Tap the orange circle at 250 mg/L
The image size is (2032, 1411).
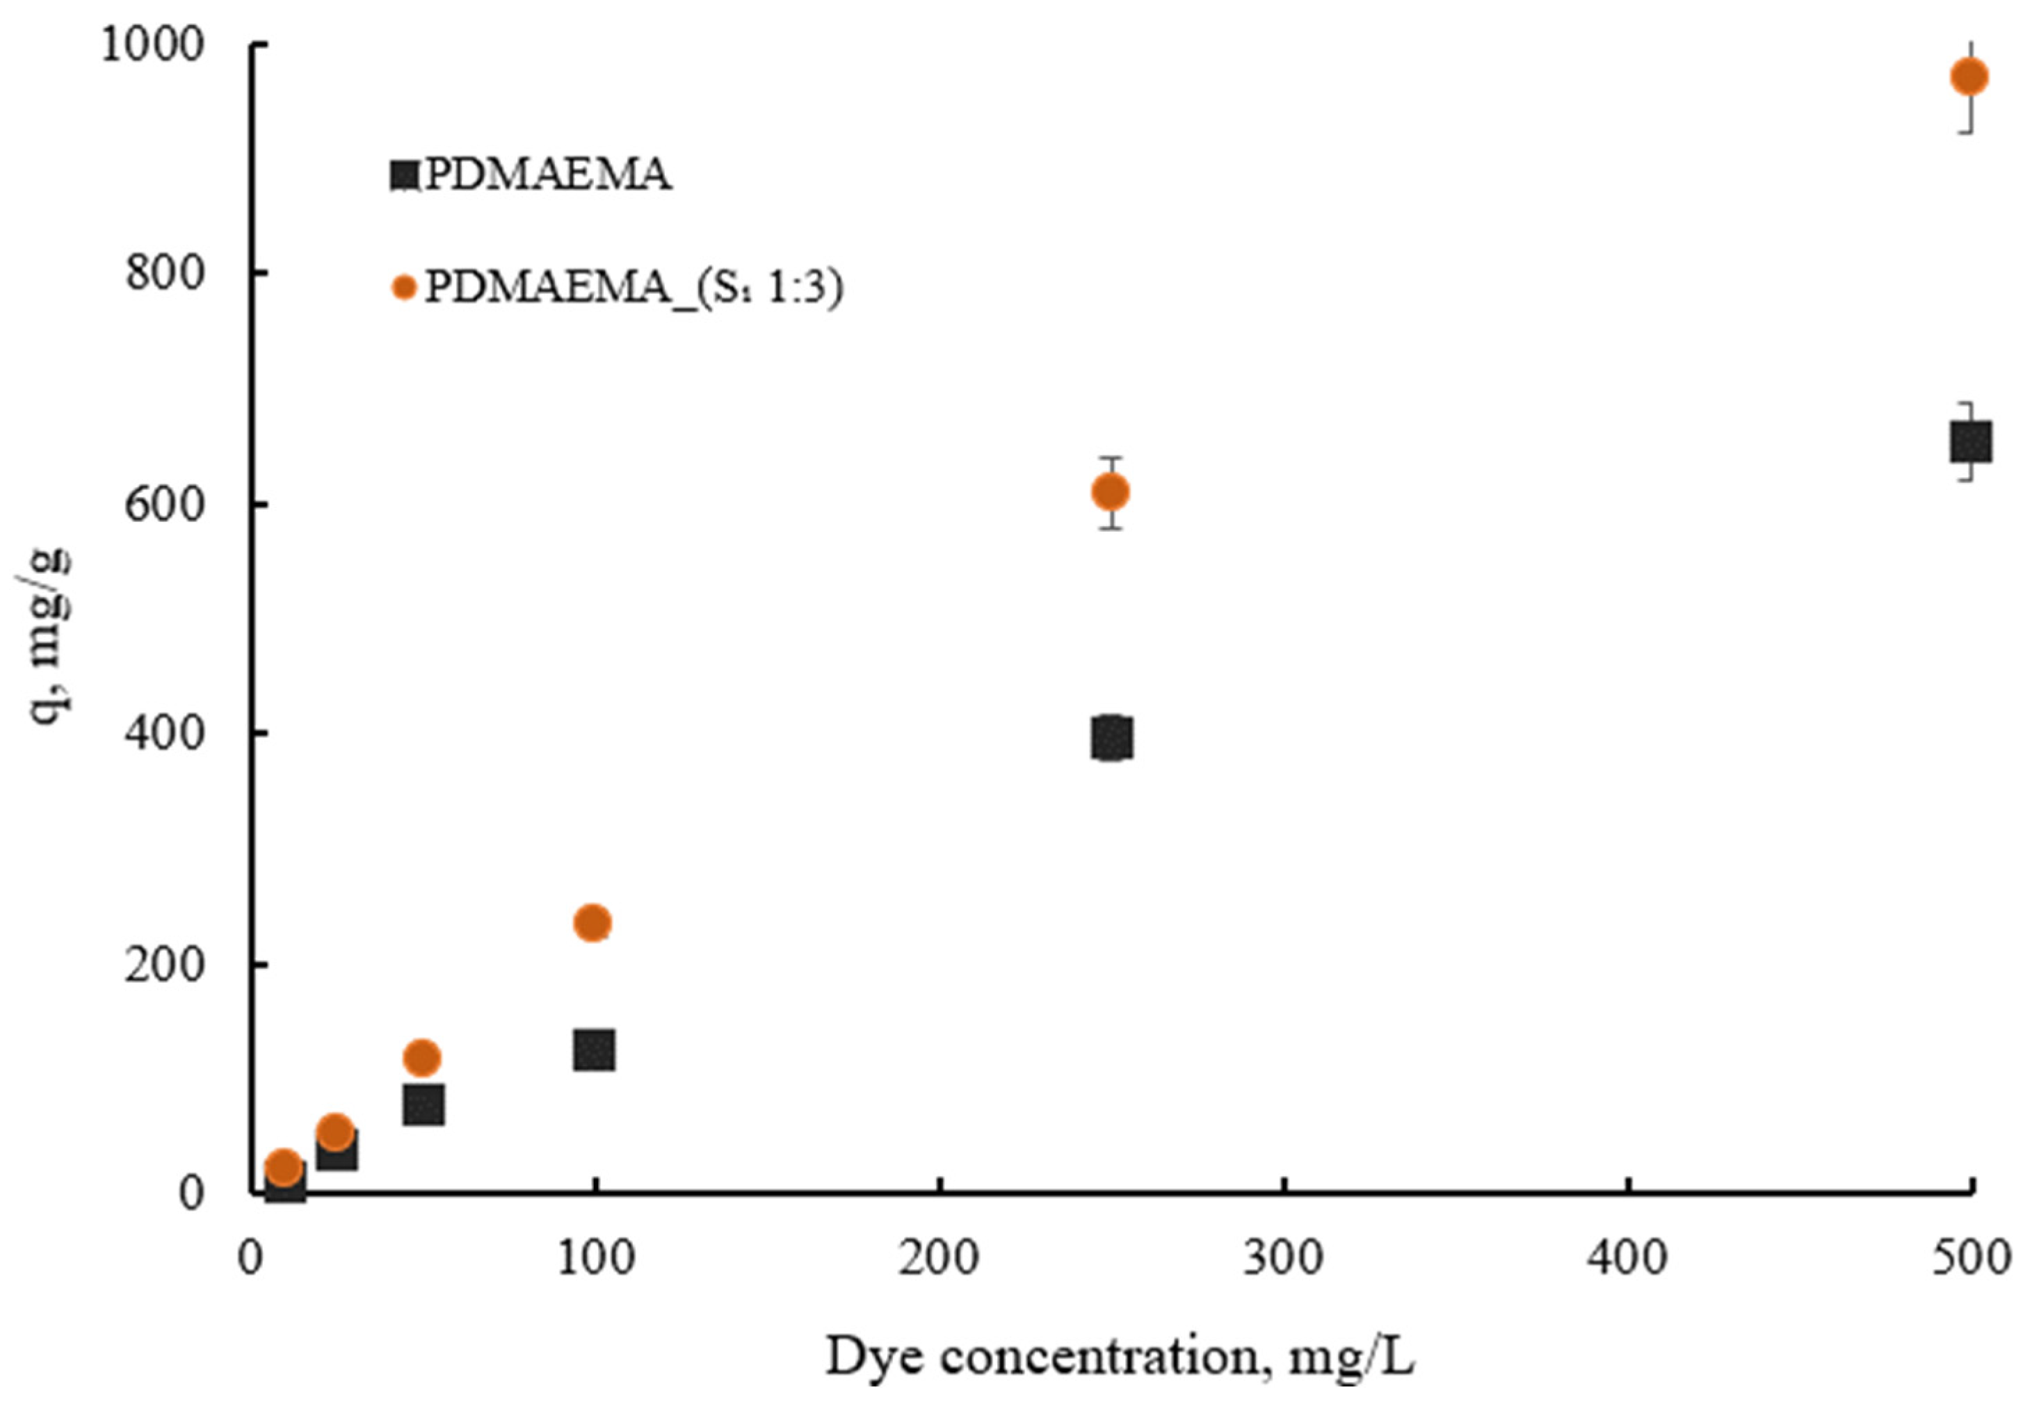pyautogui.click(x=1111, y=491)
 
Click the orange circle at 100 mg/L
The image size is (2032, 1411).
pyautogui.click(x=592, y=923)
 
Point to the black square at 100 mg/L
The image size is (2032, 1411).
pyautogui.click(x=594, y=1050)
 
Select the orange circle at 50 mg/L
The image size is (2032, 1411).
pyautogui.click(x=422, y=1057)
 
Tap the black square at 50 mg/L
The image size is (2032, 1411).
pyautogui.click(x=424, y=1105)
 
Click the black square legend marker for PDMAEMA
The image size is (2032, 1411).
pyautogui.click(x=403, y=175)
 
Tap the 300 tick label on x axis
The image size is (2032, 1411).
pyautogui.click(x=1283, y=1259)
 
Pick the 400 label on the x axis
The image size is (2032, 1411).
pyautogui.click(x=1627, y=1259)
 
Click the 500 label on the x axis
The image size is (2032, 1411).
pyautogui.click(x=1971, y=1259)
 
